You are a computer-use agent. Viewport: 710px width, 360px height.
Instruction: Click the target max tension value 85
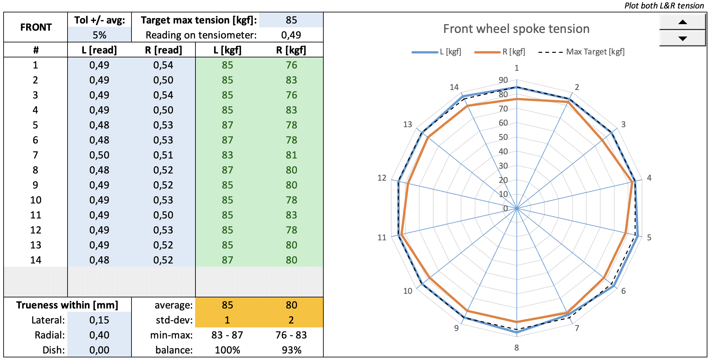click(x=291, y=20)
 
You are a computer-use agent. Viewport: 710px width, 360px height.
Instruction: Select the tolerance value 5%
click(x=100, y=35)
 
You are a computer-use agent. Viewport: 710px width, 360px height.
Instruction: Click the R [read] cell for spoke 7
click(x=163, y=155)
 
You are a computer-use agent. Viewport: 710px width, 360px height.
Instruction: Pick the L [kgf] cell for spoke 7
click(x=227, y=155)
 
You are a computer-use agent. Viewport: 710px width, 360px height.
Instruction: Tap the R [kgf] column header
click(x=291, y=50)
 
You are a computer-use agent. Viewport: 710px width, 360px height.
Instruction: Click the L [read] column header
click(x=99, y=50)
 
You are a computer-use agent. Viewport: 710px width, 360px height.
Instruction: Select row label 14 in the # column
click(x=36, y=260)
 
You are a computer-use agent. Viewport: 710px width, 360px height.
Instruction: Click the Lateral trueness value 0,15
click(x=99, y=320)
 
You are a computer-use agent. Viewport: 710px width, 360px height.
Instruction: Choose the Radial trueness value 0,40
click(x=99, y=335)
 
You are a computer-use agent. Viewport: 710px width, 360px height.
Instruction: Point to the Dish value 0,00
click(x=99, y=350)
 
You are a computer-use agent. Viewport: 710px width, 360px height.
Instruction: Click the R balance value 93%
click(x=291, y=350)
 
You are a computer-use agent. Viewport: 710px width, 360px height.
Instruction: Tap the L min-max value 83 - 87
click(x=227, y=335)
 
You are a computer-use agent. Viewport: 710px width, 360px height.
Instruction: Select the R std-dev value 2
click(x=291, y=320)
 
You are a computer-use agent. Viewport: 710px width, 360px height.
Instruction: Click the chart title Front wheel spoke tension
click(x=516, y=29)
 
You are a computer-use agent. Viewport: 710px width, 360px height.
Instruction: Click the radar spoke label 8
click(x=517, y=348)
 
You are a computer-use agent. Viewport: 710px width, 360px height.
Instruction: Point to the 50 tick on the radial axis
click(x=503, y=137)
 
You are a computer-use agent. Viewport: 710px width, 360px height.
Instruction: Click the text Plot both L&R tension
click(x=664, y=6)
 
